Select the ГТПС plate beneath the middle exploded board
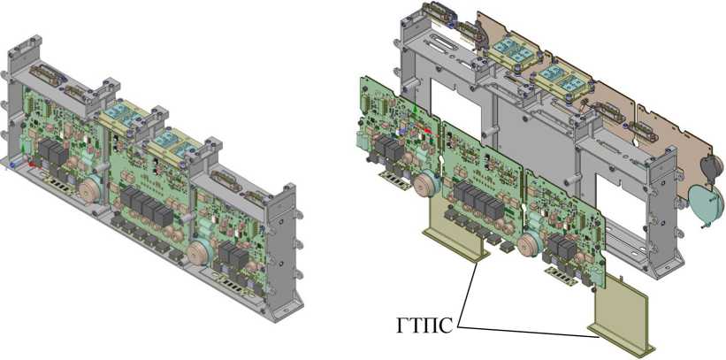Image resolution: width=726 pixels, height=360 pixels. click(456, 236)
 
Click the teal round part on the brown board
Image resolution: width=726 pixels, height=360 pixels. click(704, 200)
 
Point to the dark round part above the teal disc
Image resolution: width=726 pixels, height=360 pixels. click(712, 165)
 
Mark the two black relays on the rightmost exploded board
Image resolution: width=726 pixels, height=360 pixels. click(563, 247)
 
